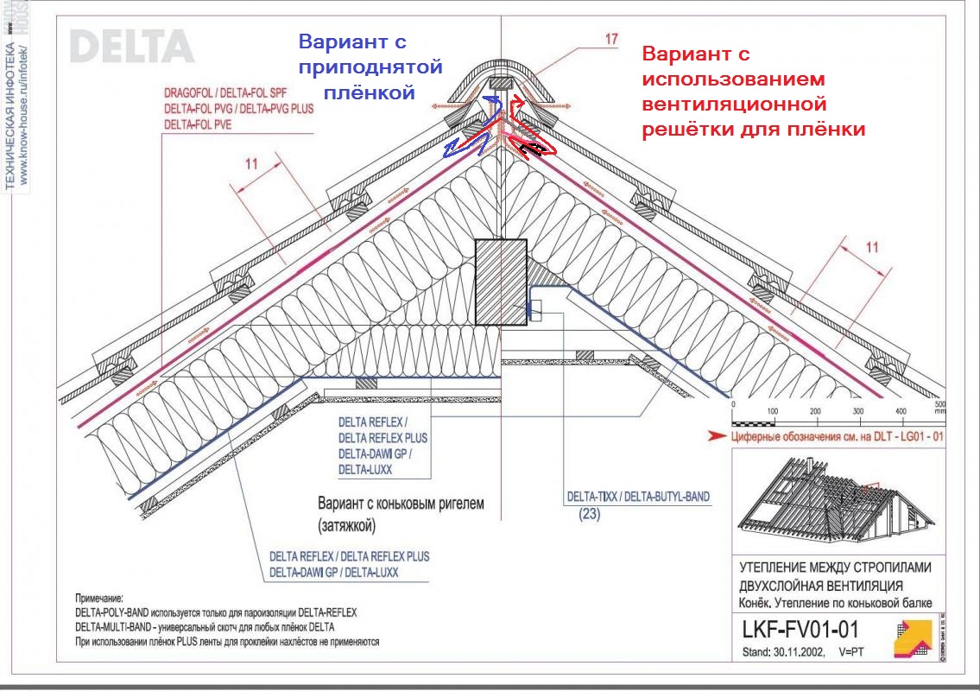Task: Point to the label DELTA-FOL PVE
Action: [198, 124]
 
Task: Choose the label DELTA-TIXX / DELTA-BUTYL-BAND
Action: [638, 498]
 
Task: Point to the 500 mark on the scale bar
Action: [940, 410]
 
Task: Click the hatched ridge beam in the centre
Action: [501, 282]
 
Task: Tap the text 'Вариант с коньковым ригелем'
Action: [401, 503]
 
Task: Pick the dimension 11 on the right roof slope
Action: [872, 248]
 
